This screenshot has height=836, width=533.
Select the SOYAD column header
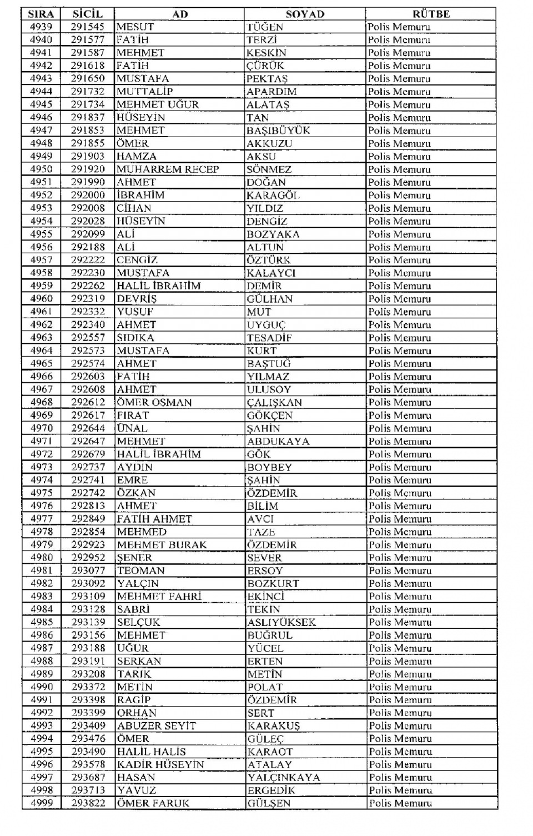click(x=305, y=14)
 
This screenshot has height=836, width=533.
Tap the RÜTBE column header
click(x=431, y=14)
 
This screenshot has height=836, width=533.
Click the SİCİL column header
click(x=87, y=14)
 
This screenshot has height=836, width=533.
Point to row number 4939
click(x=41, y=27)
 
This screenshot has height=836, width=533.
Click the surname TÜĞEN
click(x=265, y=27)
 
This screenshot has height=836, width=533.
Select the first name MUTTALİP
click(x=144, y=92)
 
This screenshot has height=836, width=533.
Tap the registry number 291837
click(x=88, y=117)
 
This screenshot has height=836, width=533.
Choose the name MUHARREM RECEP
click(x=168, y=169)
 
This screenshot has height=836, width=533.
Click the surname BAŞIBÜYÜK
click(x=278, y=131)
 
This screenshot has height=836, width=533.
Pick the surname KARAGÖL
click(x=273, y=195)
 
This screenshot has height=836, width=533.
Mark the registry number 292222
click(x=88, y=260)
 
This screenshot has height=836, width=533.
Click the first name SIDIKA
click(x=135, y=338)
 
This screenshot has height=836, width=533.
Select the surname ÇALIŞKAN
click(x=274, y=402)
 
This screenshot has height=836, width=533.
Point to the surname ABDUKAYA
click(x=278, y=442)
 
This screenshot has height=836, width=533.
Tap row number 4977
click(x=41, y=519)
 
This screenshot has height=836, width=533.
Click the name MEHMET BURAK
click(x=162, y=545)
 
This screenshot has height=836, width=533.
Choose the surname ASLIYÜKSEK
click(x=281, y=622)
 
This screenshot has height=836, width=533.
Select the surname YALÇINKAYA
click(x=284, y=777)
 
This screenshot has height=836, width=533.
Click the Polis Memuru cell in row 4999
click(x=400, y=803)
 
